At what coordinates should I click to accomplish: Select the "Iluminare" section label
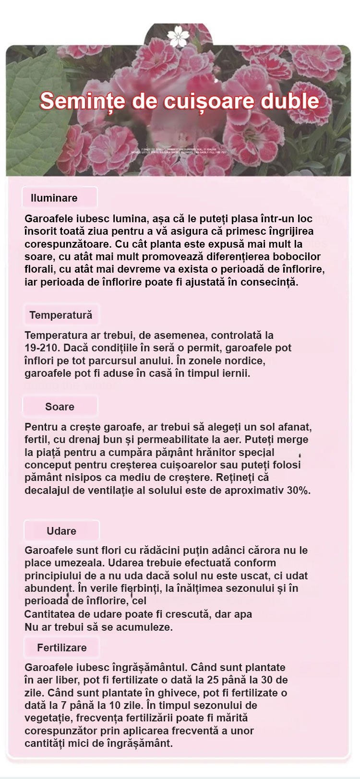click(x=54, y=198)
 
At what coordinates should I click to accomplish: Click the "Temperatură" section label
click(x=60, y=315)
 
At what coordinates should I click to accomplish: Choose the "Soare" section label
click(x=60, y=407)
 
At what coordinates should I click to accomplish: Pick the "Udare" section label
click(x=61, y=531)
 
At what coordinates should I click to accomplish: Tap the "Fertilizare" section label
click(x=62, y=647)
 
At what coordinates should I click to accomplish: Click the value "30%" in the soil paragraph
click(x=299, y=491)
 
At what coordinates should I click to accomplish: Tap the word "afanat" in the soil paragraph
click(x=295, y=427)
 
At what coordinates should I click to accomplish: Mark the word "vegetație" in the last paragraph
click(x=46, y=718)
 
